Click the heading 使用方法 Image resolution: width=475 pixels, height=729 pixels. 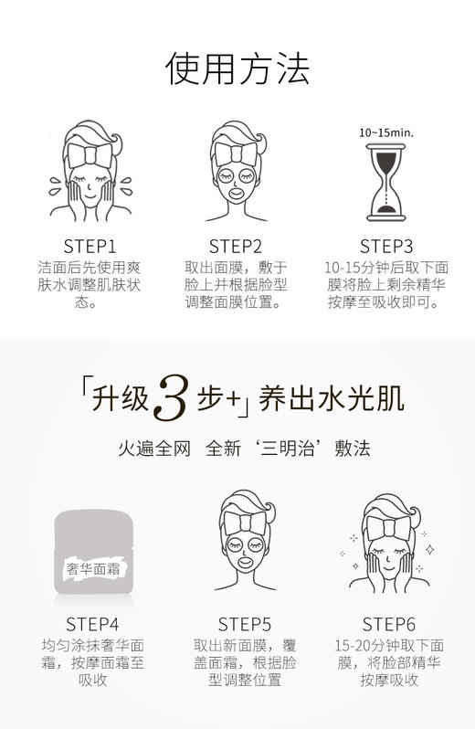coord(237,69)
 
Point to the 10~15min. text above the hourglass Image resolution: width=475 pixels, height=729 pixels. coord(385,132)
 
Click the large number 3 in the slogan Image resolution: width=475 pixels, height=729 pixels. coord(174,398)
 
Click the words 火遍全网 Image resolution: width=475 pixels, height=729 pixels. coord(153,449)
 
